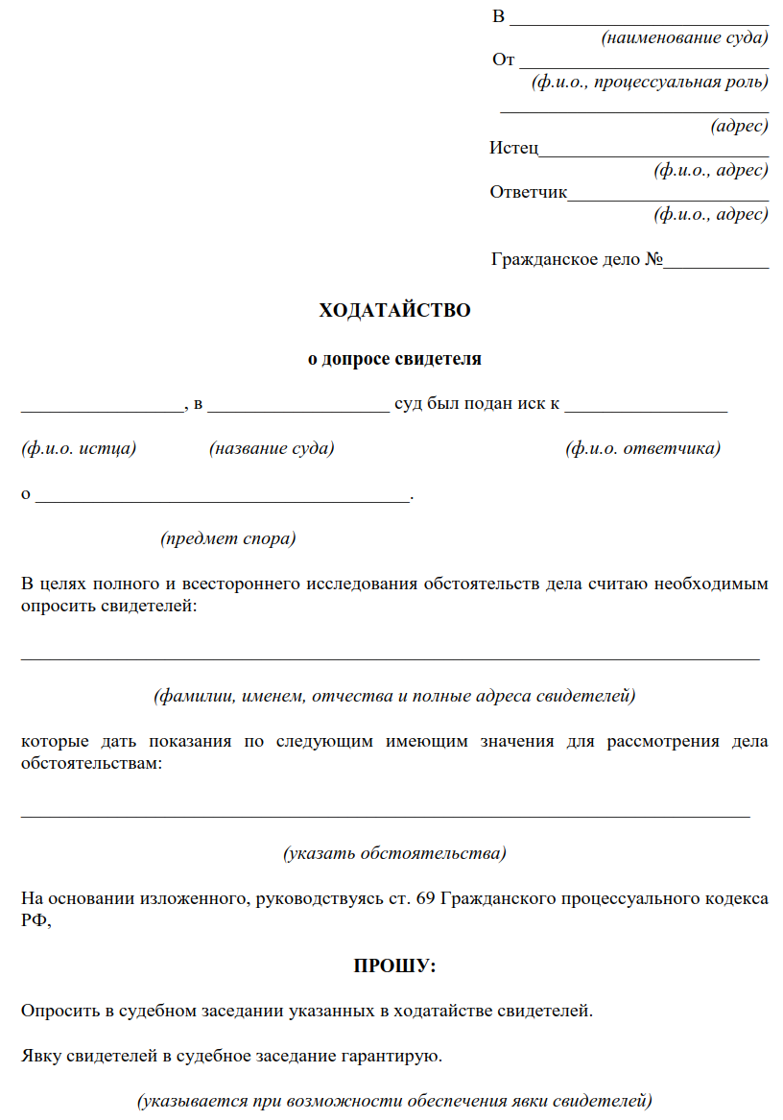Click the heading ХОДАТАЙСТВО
click(394, 310)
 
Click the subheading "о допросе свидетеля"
click(394, 359)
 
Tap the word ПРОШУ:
click(394, 965)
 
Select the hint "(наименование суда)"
click(684, 38)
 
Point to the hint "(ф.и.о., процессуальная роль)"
click(650, 82)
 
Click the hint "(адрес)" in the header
click(739, 126)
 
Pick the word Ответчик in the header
click(529, 192)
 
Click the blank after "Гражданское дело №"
click(716, 259)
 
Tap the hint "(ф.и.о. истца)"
click(79, 448)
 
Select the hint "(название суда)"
click(272, 448)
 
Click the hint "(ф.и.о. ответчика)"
click(643, 448)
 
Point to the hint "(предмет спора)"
click(228, 538)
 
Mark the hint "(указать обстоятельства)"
click(394, 852)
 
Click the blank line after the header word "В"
click(639, 18)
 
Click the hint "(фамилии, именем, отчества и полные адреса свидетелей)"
click(394, 694)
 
